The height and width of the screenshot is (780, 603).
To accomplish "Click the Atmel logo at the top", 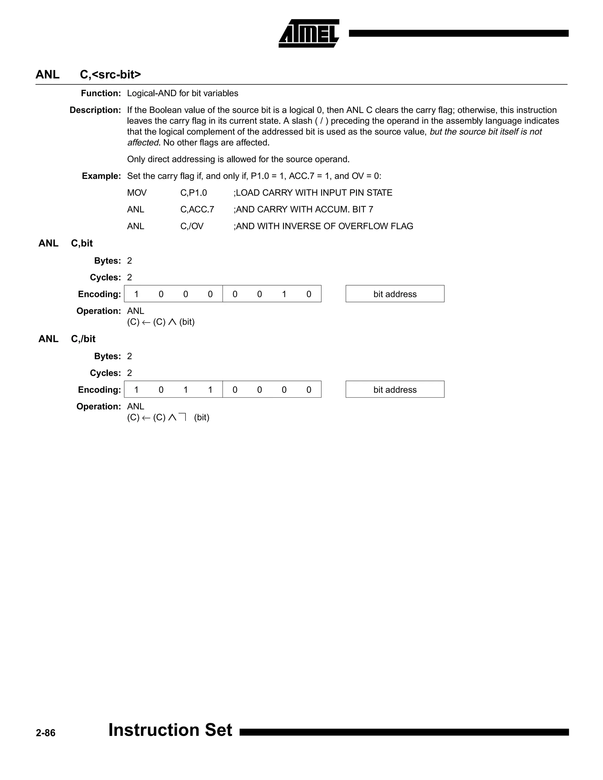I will tap(309, 33).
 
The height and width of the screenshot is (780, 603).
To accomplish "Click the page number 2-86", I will tap(45, 733).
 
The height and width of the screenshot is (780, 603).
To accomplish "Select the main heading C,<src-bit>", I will tap(110, 74).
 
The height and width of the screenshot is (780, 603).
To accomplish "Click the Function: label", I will tap(101, 93).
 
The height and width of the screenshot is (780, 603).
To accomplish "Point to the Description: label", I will tap(95, 110).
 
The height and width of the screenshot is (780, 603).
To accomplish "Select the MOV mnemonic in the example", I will tap(137, 193).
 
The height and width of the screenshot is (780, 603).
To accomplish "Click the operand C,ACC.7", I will tap(197, 209).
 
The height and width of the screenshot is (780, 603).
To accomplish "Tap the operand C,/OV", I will tap(192, 226).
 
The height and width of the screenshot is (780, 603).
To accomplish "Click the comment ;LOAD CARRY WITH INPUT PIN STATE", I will tap(313, 193).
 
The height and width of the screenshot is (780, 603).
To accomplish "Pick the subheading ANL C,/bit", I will tap(67, 338).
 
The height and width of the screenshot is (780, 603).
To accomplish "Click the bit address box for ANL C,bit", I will tap(395, 294).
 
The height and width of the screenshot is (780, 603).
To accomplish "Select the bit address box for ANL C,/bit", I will tap(395, 389).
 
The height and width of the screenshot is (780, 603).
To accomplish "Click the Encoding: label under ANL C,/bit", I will tap(99, 390).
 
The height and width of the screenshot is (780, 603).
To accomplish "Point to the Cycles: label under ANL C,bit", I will tap(105, 278).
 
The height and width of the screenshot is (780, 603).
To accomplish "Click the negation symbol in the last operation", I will tap(183, 417).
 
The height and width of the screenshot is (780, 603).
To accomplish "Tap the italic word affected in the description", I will tap(143, 142).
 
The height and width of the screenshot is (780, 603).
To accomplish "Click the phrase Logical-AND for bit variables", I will tap(183, 93).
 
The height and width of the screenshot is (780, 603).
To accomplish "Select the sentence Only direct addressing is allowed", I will tap(238, 159).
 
